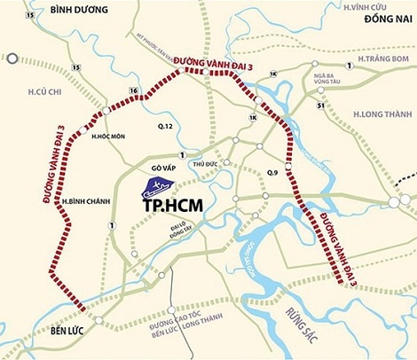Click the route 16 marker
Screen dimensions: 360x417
coord(133,91)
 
